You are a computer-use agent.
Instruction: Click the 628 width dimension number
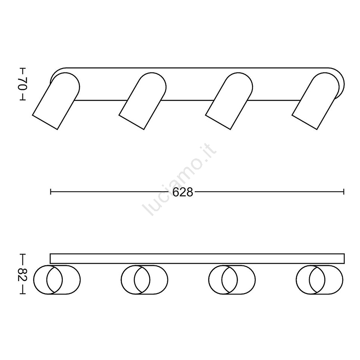[182, 192]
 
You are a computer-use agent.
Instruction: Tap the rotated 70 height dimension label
[23, 84]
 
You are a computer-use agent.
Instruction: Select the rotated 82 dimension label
[23, 274]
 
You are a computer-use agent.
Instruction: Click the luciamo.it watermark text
[180, 179]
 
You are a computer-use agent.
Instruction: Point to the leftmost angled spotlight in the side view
[56, 101]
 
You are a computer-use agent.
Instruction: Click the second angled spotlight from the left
[142, 101]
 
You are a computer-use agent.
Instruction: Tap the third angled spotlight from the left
[229, 101]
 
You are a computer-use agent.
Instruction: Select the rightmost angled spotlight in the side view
[316, 101]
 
